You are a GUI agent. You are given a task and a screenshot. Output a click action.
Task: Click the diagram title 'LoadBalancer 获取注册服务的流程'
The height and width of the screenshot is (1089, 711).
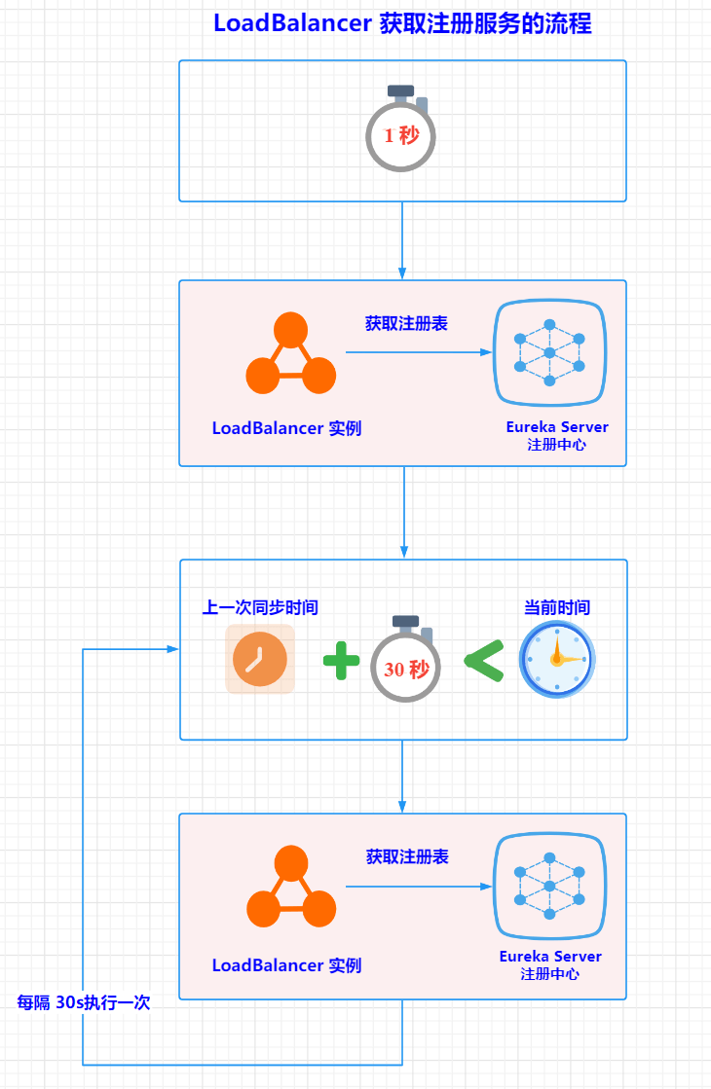(x=402, y=23)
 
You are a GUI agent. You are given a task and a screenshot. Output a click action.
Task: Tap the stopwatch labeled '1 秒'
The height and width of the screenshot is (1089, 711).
(x=400, y=128)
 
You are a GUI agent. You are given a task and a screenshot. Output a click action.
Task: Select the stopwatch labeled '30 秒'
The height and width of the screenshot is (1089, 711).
(x=405, y=659)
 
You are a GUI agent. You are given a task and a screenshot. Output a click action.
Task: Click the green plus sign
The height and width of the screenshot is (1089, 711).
(x=341, y=661)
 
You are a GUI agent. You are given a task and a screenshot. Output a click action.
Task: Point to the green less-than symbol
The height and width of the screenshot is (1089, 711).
(x=484, y=661)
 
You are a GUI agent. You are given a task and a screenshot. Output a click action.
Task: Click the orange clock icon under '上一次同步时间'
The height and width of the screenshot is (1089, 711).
(x=260, y=659)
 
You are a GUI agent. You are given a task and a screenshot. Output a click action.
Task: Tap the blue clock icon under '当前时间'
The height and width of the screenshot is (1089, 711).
(x=557, y=659)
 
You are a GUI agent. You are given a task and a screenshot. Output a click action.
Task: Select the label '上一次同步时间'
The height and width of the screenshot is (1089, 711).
(x=260, y=607)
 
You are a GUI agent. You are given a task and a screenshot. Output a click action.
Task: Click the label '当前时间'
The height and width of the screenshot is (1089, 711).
(x=557, y=607)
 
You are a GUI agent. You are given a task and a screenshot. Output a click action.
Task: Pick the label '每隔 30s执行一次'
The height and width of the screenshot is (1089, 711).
(x=84, y=1002)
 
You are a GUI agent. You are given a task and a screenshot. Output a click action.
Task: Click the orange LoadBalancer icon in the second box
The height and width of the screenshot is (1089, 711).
(x=290, y=353)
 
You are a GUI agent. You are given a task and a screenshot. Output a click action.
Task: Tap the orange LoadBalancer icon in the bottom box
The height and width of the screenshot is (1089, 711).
(x=291, y=887)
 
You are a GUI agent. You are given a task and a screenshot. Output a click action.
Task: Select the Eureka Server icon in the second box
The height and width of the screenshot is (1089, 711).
(x=549, y=353)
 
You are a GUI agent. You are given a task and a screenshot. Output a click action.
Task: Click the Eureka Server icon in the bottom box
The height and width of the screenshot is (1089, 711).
(x=549, y=887)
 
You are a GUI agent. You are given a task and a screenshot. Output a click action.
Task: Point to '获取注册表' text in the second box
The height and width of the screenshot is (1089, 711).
(x=406, y=324)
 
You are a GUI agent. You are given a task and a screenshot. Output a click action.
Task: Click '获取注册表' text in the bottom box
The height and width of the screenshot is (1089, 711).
(x=407, y=857)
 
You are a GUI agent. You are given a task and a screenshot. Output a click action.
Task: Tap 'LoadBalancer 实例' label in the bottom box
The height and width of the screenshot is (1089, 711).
(x=286, y=965)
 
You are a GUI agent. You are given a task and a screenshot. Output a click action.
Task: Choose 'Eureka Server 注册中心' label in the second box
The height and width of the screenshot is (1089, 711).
(x=557, y=435)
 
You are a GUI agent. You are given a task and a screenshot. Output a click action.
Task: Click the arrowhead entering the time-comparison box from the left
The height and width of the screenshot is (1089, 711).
(x=173, y=649)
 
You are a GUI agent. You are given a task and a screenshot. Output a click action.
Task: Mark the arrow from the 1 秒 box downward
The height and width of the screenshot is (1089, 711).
(x=402, y=241)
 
